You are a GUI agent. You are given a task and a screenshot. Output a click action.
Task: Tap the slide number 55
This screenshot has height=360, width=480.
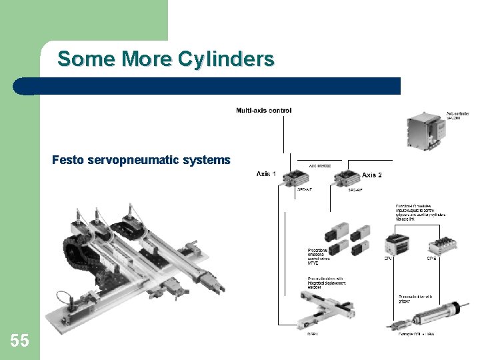tap(19, 341)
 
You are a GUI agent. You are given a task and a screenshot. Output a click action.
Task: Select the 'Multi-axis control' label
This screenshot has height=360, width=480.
tap(263, 110)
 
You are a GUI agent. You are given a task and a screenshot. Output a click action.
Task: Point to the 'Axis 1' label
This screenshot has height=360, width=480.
tap(268, 174)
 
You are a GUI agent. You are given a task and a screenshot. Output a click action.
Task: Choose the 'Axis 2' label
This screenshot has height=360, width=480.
tap(371, 175)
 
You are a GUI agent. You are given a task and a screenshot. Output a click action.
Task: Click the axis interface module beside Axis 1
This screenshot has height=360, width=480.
tap(295, 177)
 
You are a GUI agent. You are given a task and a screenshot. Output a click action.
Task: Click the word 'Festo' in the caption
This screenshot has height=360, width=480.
tap(67, 160)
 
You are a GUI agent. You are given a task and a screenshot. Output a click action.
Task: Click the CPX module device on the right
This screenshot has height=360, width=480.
tap(440, 245)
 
